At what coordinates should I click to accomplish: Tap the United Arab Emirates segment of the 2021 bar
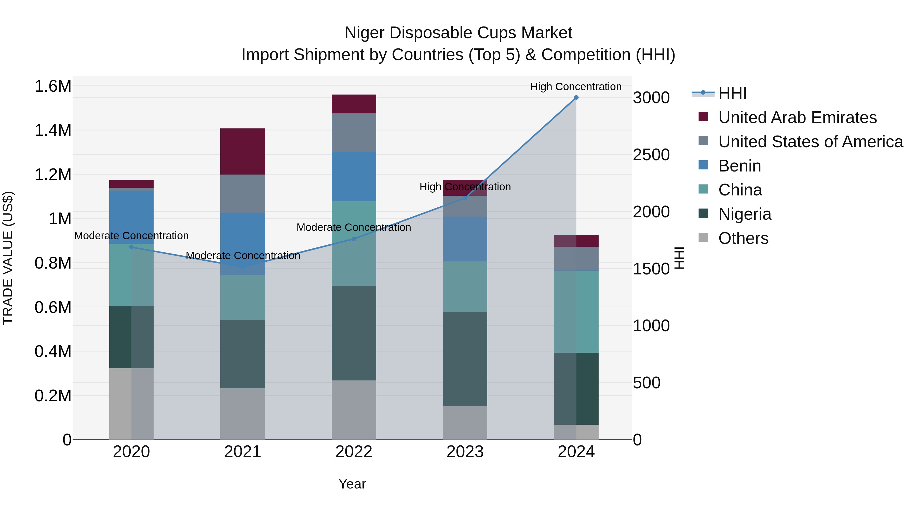(242, 151)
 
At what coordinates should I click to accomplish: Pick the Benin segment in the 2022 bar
(354, 177)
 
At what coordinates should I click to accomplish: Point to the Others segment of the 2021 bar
(242, 414)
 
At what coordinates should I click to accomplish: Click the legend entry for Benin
(739, 166)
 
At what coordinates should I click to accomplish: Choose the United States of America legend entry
(810, 142)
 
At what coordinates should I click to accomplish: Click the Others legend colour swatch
(703, 237)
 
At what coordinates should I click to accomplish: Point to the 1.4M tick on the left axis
(53, 130)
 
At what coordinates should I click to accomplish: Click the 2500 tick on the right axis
(651, 155)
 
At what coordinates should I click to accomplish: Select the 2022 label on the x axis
(354, 452)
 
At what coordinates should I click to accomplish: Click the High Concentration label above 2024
(576, 87)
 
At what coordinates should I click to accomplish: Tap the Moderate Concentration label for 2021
(243, 256)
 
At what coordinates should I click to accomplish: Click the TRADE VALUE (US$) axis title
(8, 258)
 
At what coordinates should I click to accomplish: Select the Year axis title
(352, 484)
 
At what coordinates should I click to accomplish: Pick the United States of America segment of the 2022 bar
(354, 133)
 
